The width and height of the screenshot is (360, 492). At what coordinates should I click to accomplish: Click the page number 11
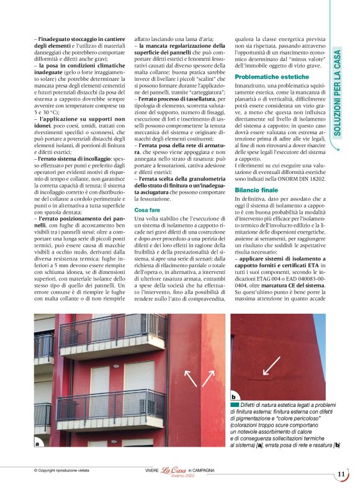[341, 475]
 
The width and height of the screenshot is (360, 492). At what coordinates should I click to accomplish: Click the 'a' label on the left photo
[38, 444]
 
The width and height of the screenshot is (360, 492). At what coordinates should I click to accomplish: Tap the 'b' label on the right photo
[233, 396]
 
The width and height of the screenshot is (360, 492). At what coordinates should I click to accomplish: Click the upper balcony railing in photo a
[112, 330]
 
